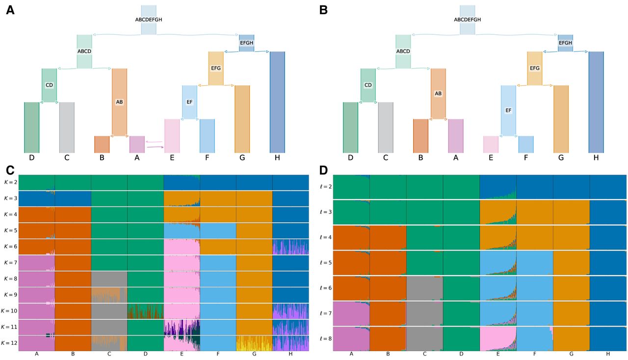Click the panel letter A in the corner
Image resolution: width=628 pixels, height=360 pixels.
[x=10, y=10]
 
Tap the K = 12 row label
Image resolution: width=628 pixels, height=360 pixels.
[x=9, y=343]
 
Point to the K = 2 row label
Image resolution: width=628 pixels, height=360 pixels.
[x=9, y=182]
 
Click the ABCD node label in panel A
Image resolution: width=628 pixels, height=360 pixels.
[x=84, y=51]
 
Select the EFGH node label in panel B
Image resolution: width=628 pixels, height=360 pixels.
[x=566, y=43]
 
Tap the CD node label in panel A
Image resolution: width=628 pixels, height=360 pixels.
[x=49, y=85]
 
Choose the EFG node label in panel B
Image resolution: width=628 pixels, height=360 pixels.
[x=535, y=68]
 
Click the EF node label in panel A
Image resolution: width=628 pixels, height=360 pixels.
[x=189, y=102]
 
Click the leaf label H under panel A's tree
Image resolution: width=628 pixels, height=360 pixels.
[x=277, y=158]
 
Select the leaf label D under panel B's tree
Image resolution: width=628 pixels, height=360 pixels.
[x=350, y=158]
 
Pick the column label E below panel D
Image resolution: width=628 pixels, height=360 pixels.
[x=498, y=354]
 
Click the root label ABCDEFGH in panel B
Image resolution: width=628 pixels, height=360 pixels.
[x=467, y=20]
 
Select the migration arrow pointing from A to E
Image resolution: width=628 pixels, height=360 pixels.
[x=155, y=147]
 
